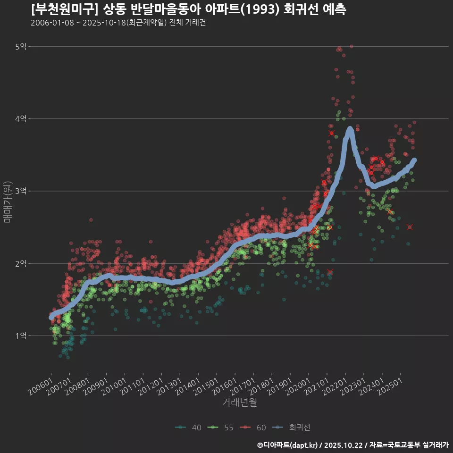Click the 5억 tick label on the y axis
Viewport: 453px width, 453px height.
point(21,46)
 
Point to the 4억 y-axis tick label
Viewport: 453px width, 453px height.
point(21,118)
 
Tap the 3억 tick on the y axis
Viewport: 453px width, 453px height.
point(21,191)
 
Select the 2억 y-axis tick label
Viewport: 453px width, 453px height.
point(21,263)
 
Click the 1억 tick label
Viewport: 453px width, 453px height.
point(21,336)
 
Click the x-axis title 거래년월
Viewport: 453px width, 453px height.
point(239,403)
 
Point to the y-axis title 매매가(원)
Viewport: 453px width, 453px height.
point(7,202)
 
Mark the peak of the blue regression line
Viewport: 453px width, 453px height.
point(350,128)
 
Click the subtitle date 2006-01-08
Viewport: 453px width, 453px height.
point(52,23)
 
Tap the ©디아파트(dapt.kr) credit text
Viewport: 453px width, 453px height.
point(287,445)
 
